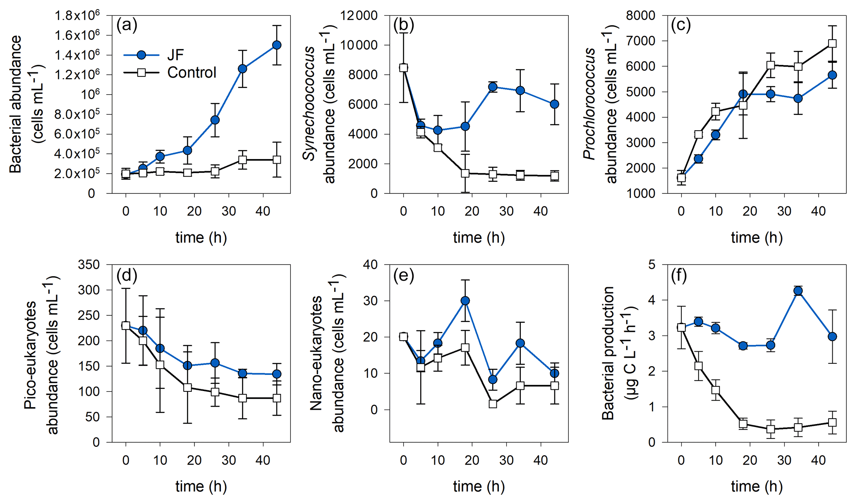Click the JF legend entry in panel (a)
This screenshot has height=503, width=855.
[175, 55]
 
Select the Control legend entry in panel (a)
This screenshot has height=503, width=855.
[191, 73]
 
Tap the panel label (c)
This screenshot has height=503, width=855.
[681, 26]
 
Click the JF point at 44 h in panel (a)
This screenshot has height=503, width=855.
[277, 45]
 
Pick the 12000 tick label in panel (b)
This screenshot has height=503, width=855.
[359, 16]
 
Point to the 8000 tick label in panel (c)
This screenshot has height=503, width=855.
[641, 16]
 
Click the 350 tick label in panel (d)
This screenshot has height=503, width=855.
[89, 265]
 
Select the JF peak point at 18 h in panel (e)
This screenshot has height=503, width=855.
[465, 301]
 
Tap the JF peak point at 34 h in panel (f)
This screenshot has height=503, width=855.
[798, 291]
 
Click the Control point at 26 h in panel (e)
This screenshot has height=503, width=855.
[493, 404]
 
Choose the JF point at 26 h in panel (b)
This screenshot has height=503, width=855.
[493, 87]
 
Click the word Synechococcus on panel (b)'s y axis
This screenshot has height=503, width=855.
[309, 103]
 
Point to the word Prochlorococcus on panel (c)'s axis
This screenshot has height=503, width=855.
[589, 103]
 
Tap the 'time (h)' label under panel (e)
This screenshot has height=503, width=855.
[479, 486]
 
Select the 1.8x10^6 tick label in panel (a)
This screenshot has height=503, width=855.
[77, 16]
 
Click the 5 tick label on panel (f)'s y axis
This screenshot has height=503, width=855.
[652, 265]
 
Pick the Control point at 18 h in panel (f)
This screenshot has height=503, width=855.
[743, 424]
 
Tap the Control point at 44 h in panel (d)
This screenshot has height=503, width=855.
[277, 398]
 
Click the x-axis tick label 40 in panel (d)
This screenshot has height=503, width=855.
[263, 460]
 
